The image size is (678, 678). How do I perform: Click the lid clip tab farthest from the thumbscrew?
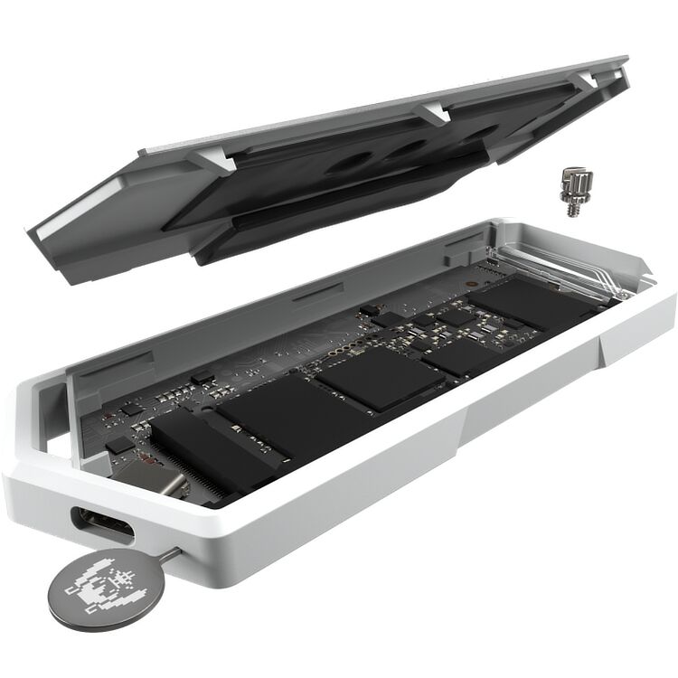click(212, 158)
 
